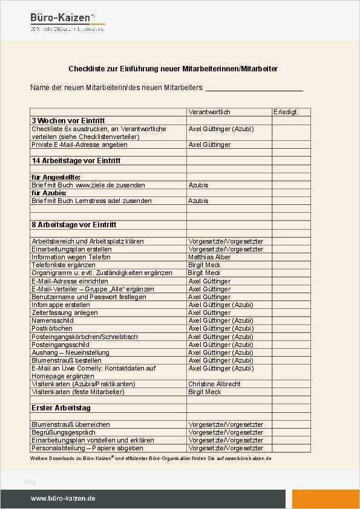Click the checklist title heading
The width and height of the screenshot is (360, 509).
173,69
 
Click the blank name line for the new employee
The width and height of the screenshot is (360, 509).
254,88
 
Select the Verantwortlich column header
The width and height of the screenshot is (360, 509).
209,112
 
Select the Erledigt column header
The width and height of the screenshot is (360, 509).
285,112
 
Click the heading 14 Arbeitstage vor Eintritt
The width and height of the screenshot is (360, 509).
76,161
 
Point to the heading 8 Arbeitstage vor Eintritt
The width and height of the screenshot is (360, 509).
74,225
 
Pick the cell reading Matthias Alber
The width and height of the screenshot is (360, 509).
209,257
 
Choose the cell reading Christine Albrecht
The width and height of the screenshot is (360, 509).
214,384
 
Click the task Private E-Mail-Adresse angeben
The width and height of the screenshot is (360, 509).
79,145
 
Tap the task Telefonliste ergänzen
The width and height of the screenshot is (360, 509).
64,265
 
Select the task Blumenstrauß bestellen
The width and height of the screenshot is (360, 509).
67,360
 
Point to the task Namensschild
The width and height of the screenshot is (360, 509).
54,320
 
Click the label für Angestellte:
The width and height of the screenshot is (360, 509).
56,177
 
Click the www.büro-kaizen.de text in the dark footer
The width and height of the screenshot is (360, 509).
63,499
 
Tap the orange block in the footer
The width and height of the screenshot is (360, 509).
326,499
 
